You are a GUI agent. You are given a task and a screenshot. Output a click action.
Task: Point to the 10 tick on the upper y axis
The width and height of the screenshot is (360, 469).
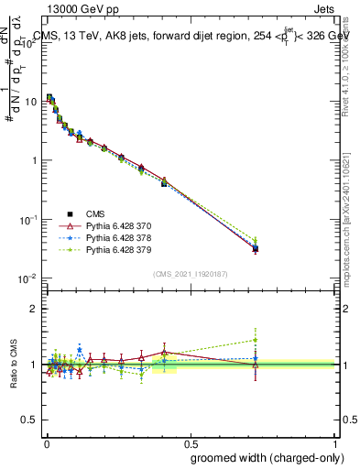pos(30,101)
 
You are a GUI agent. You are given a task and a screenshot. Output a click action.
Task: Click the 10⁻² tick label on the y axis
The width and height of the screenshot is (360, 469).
pos(28,278)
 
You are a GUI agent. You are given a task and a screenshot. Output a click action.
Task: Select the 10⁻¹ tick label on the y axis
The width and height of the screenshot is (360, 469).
pos(28,220)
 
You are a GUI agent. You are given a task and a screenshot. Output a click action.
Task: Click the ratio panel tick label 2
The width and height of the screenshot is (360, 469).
pos(34,309)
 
